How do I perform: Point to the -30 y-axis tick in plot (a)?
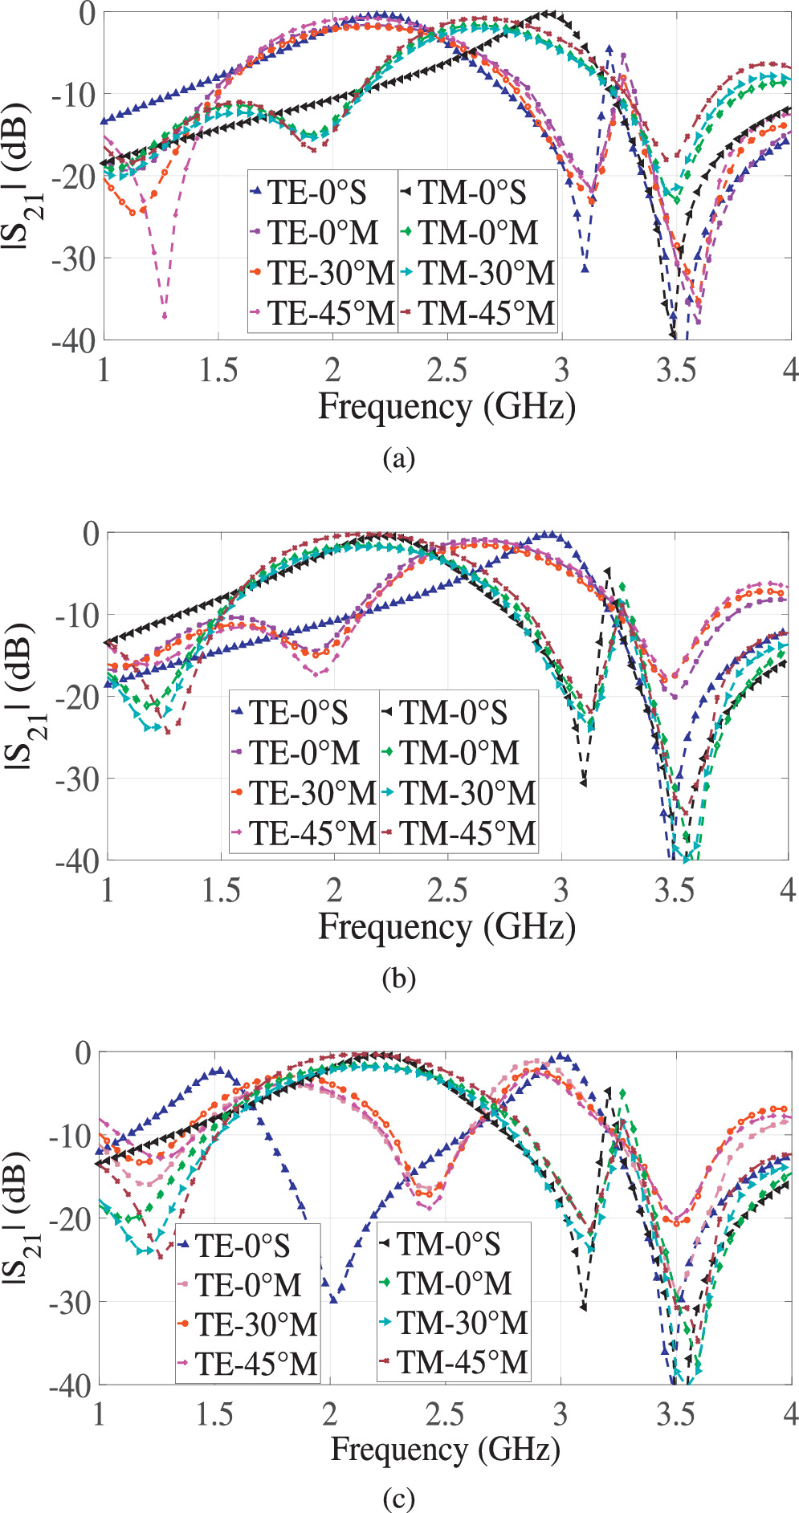[x=74, y=258]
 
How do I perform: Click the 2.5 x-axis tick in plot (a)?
[x=446, y=370]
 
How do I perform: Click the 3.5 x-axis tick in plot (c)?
[x=675, y=1413]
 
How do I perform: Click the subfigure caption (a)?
[x=399, y=458]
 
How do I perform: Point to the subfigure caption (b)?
[x=399, y=978]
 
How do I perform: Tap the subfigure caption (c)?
[x=399, y=1498]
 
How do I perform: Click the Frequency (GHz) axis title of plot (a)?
[x=446, y=406]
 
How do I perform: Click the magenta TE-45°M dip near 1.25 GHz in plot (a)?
[x=165, y=316]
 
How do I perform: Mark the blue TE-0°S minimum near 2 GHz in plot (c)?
[x=333, y=1300]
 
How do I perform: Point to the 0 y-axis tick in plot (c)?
[x=83, y=1053]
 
